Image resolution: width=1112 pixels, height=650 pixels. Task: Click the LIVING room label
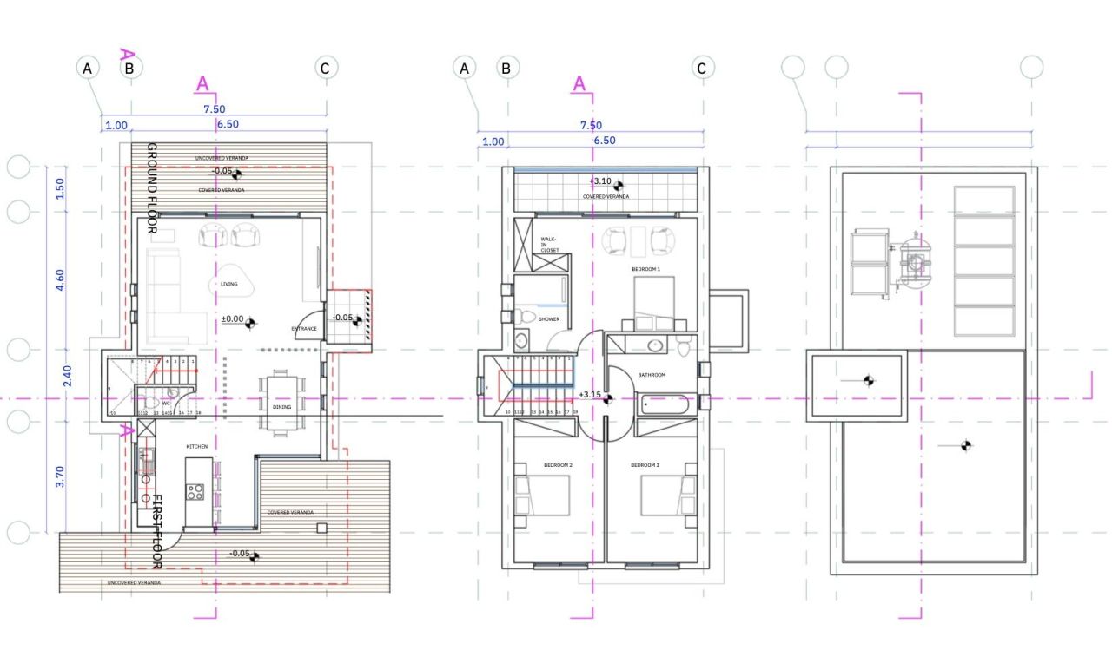click(228, 284)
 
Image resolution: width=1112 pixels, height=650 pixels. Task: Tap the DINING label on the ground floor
click(281, 406)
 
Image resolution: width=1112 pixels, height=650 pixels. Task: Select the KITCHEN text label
click(198, 446)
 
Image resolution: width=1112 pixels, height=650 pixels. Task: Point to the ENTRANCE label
click(304, 329)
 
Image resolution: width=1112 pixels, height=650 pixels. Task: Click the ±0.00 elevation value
click(232, 319)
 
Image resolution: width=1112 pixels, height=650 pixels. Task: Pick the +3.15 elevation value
click(590, 395)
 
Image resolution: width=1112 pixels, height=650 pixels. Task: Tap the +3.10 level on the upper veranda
click(600, 181)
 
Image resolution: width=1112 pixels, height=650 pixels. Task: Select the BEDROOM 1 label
click(645, 270)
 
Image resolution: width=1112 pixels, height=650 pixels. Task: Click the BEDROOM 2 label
click(558, 465)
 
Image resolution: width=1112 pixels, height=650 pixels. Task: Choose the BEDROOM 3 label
click(645, 465)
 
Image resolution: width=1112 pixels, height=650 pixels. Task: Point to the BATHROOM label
click(651, 375)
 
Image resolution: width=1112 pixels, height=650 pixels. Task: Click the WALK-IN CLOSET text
click(549, 244)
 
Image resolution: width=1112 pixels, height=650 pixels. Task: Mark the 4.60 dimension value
click(60, 280)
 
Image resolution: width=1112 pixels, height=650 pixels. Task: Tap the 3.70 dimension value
click(60, 476)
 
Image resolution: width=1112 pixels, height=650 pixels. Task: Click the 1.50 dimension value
click(60, 189)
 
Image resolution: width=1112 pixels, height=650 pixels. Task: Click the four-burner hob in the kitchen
click(195, 491)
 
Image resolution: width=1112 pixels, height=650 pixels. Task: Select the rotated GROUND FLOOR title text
click(151, 188)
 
